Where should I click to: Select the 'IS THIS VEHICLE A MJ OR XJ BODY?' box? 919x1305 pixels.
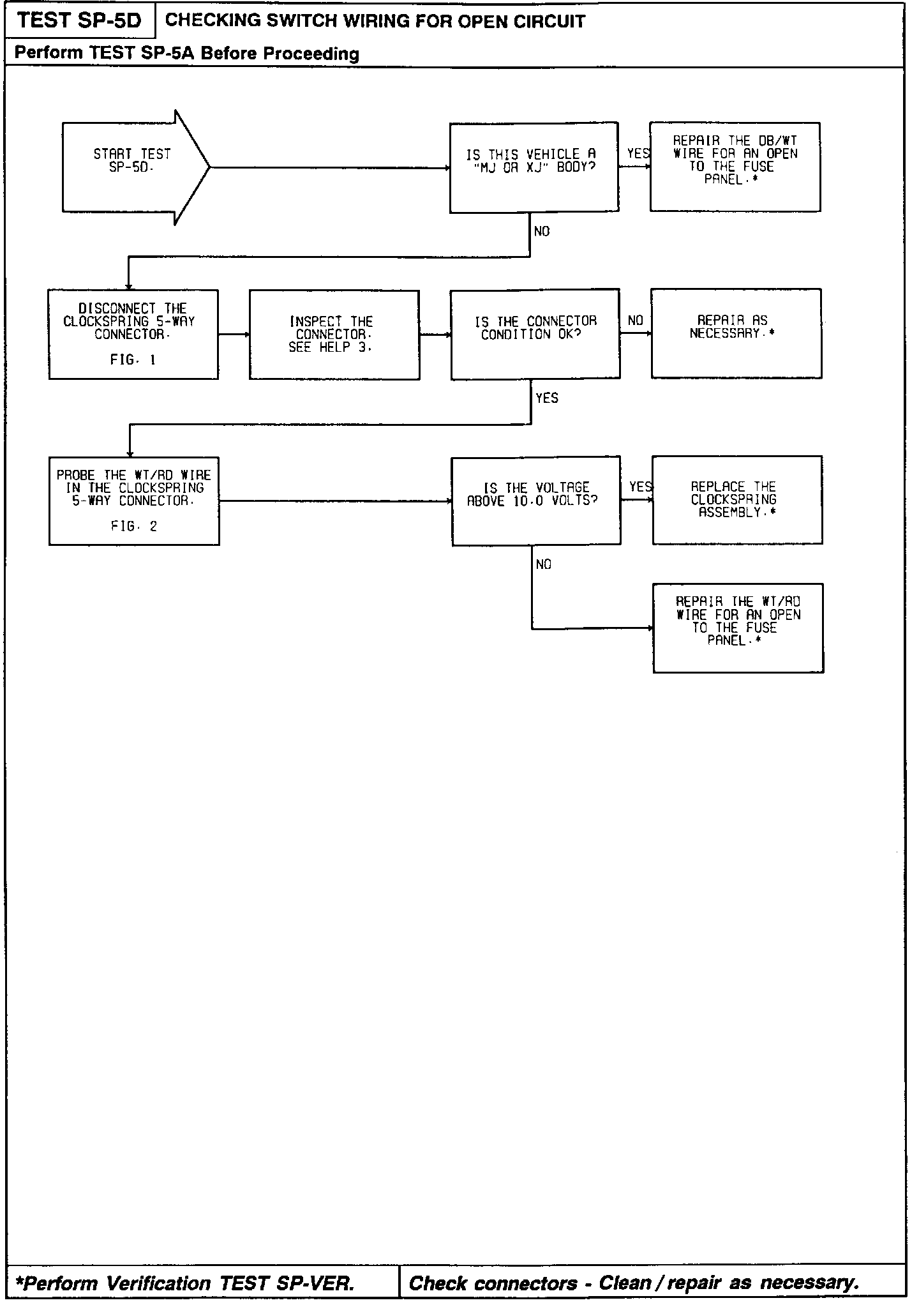pyautogui.click(x=534, y=167)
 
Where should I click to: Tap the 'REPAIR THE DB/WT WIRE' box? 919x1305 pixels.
pyautogui.click(x=735, y=167)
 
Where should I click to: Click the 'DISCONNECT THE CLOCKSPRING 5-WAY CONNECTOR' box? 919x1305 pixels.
pyautogui.click(x=133, y=335)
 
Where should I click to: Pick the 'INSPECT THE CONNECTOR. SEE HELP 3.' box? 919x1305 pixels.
pyautogui.click(x=334, y=335)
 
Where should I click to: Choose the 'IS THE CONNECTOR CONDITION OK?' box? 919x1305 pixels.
pyautogui.click(x=535, y=334)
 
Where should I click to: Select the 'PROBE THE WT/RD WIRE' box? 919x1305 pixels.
pyautogui.click(x=134, y=501)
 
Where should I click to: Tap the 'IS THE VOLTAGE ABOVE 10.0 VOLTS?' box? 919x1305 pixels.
pyautogui.click(x=535, y=501)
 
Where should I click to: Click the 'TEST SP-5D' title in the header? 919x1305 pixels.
pyautogui.click(x=79, y=21)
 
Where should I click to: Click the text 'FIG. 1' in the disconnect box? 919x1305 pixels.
pyautogui.click(x=133, y=360)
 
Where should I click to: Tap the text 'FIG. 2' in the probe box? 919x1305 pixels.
pyautogui.click(x=134, y=527)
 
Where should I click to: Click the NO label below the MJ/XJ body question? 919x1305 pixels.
pyautogui.click(x=542, y=232)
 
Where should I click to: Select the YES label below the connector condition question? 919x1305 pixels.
pyautogui.click(x=547, y=398)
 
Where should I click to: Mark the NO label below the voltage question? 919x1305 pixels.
pyautogui.click(x=544, y=564)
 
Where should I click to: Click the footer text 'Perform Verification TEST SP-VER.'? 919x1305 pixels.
pyautogui.click(x=185, y=1283)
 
